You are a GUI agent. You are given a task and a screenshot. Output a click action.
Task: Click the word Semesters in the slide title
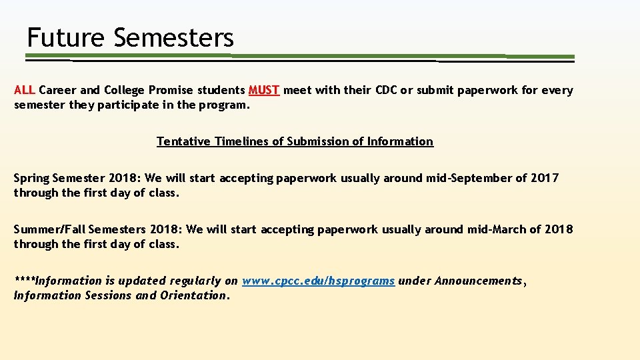[x=174, y=37]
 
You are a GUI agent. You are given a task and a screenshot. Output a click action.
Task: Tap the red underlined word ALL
[x=25, y=90]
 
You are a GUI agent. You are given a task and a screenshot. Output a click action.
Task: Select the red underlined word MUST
[x=264, y=90]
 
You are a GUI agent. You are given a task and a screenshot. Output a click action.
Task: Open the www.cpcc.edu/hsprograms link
[x=319, y=281]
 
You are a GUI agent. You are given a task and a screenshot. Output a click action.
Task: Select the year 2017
[x=545, y=178]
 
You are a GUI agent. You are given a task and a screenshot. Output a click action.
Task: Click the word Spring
[x=31, y=179]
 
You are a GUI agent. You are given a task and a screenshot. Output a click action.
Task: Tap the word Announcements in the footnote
[x=479, y=281]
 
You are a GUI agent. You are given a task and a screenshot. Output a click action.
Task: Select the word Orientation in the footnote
[x=194, y=295]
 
